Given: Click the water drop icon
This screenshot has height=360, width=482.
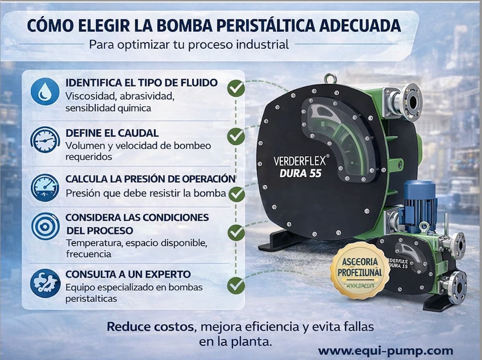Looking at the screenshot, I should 45,92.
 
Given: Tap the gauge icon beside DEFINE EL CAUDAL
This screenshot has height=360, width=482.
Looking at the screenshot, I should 45,139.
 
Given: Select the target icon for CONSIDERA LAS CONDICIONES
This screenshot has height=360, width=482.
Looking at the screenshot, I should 45,226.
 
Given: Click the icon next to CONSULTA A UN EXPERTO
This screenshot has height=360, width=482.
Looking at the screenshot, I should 45,283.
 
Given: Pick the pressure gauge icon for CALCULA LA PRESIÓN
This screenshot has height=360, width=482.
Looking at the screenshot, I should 45,187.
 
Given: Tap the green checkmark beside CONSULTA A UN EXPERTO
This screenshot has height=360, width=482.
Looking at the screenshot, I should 236,285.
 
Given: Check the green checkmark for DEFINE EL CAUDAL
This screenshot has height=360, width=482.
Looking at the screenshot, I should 236,136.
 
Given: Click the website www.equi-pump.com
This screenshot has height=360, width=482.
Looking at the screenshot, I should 385,350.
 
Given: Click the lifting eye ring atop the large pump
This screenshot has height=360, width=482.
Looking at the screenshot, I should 331,78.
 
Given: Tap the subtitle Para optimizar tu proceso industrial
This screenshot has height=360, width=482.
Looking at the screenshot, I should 189,44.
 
